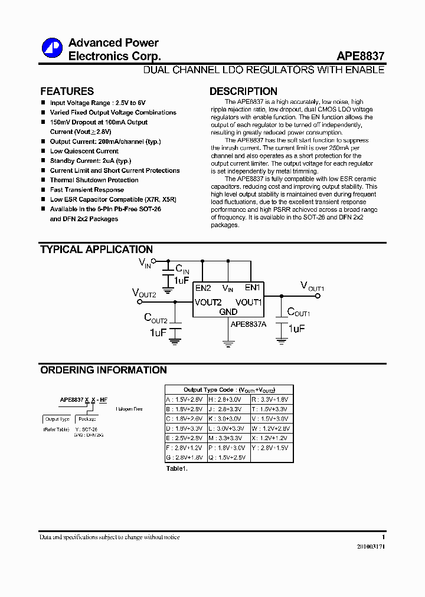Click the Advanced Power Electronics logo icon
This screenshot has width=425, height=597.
(51, 48)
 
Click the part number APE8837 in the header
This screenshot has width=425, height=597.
(360, 57)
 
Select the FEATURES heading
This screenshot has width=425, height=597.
(67, 91)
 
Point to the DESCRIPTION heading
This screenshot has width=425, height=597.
(243, 91)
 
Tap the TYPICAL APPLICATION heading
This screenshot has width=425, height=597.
(96, 250)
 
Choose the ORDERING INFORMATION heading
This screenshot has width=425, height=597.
(103, 370)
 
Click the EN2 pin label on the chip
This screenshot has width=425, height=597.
(203, 288)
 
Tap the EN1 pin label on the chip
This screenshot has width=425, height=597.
(252, 288)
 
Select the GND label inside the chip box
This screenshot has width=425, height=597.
(228, 311)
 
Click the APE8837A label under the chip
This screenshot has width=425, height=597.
(249, 324)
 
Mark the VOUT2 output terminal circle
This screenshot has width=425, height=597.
(140, 301)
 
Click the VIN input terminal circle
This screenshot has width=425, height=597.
(154, 260)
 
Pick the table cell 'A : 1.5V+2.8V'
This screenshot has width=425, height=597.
(184, 399)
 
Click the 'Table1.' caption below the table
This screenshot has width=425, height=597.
(176, 468)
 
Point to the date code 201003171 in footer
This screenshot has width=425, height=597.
(371, 547)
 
